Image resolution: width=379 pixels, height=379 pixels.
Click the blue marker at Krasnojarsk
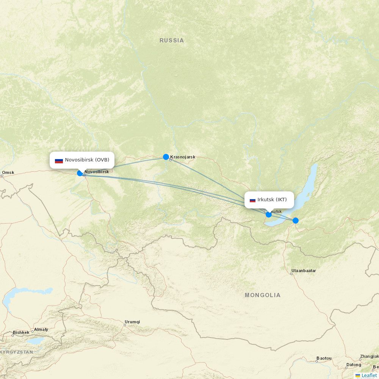166,157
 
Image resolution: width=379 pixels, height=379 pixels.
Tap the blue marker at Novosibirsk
80,173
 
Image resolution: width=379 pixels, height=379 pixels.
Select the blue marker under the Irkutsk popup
269,215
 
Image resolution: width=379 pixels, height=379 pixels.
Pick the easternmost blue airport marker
296,221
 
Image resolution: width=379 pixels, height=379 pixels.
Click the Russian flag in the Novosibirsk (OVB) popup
59,160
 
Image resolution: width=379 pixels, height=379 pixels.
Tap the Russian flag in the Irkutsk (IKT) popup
252,200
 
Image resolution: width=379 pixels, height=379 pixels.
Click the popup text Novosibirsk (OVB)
87,160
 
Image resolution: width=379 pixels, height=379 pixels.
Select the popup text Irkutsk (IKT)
272,200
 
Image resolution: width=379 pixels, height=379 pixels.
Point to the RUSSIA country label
172,41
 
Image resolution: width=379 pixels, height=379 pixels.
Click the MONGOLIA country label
263,295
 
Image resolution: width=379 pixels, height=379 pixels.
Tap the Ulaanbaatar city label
304,271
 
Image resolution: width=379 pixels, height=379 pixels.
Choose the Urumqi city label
132,322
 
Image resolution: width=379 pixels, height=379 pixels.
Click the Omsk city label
8,173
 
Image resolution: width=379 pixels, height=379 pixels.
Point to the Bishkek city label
21,333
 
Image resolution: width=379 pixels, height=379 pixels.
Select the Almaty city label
41,330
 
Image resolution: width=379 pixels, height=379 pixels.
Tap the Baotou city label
324,358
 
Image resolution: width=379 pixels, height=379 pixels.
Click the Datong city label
353,365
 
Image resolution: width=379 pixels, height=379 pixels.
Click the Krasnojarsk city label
183,157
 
